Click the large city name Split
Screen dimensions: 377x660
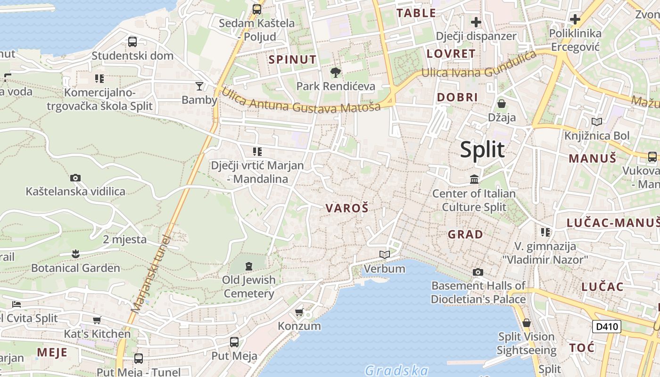pos(482,149)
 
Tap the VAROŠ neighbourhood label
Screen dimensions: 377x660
pos(346,208)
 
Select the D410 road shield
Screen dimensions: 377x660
pos(606,326)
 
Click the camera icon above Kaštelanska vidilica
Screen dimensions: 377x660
pos(75,178)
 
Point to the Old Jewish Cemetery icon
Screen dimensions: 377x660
pos(249,266)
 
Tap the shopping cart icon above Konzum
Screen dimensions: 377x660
pos(299,312)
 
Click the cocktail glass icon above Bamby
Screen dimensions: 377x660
pos(199,86)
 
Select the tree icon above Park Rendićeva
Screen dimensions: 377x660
pos(335,72)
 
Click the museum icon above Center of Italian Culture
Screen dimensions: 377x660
pos(474,179)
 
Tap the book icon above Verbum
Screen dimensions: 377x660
pos(385,254)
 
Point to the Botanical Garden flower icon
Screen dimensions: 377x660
pos(75,254)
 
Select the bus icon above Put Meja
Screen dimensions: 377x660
pos(234,342)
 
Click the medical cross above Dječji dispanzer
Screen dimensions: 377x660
pos(476,22)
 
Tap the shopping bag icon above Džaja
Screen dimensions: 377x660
pos(502,103)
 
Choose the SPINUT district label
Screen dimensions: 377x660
pos(292,59)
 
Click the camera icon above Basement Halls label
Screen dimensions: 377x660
pos(478,272)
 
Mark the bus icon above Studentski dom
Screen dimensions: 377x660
pos(132,41)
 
